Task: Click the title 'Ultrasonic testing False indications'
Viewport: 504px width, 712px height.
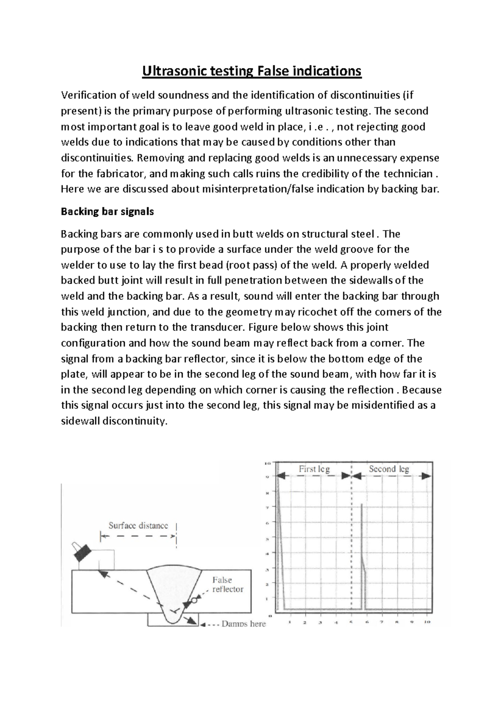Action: point(252,71)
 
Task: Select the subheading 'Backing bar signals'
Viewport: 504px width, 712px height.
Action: point(107,212)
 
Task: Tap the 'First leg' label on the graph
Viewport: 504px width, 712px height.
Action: point(314,469)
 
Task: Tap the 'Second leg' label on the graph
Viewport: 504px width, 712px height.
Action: point(388,469)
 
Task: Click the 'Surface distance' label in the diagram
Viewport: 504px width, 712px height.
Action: point(138,525)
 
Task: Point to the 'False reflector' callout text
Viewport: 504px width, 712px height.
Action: point(227,585)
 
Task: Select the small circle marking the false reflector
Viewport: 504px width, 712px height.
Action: point(194,601)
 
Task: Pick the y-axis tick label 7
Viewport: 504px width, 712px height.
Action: point(268,508)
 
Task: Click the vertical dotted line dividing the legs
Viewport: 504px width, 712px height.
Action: point(351,546)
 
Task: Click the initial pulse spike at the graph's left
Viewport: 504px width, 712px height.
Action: point(278,525)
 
